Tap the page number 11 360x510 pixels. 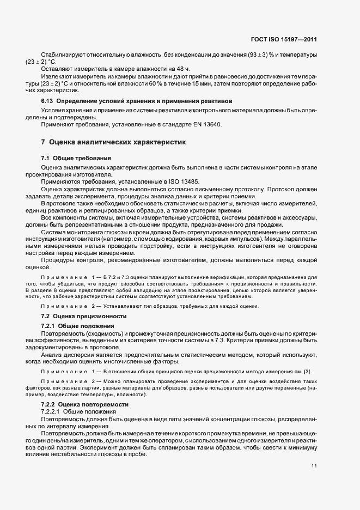(x=314, y=466)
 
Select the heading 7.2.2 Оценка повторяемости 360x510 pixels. (x=84, y=405)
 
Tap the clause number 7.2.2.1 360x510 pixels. (x=52, y=412)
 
